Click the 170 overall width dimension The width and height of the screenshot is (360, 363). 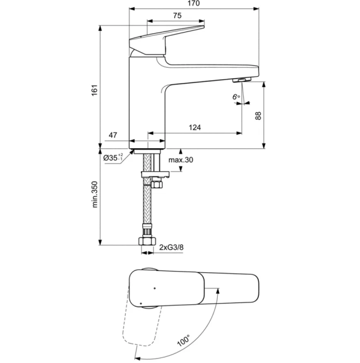[x=194, y=4]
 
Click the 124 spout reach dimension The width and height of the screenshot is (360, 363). [x=195, y=128]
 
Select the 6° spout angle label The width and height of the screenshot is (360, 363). [x=236, y=96]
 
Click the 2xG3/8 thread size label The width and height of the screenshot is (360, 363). [x=171, y=247]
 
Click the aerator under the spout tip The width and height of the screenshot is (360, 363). [x=241, y=81]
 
